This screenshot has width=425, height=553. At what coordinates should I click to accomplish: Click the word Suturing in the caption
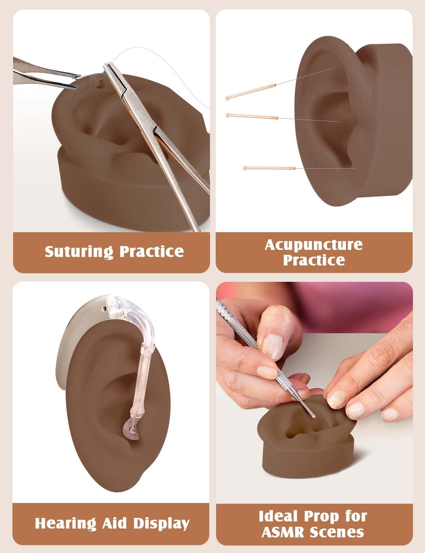click(79, 252)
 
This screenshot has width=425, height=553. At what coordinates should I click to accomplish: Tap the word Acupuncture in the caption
click(314, 245)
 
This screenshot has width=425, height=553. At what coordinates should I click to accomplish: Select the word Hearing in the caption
click(66, 524)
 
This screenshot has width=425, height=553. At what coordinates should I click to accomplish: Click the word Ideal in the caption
click(279, 516)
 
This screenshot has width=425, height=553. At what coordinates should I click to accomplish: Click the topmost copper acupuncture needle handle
click(251, 92)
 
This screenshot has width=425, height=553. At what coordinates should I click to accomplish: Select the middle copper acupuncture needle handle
click(252, 116)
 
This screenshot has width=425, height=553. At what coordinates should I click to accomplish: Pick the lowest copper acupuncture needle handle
click(270, 168)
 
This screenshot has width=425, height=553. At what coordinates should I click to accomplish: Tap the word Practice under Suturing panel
click(152, 252)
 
